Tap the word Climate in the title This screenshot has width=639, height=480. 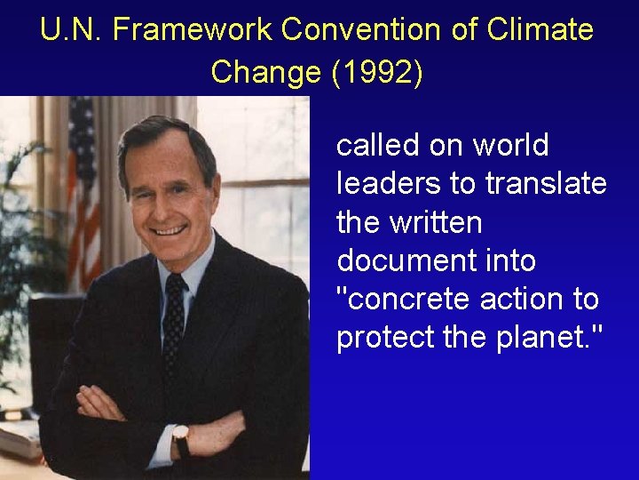click(x=542, y=30)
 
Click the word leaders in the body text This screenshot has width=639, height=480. click(x=390, y=183)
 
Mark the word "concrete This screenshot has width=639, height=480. click(x=404, y=300)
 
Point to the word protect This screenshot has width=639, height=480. click(x=381, y=339)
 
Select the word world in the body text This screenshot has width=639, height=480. click(x=510, y=144)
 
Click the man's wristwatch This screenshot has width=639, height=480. click(x=180, y=439)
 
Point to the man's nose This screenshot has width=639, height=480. click(x=165, y=201)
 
